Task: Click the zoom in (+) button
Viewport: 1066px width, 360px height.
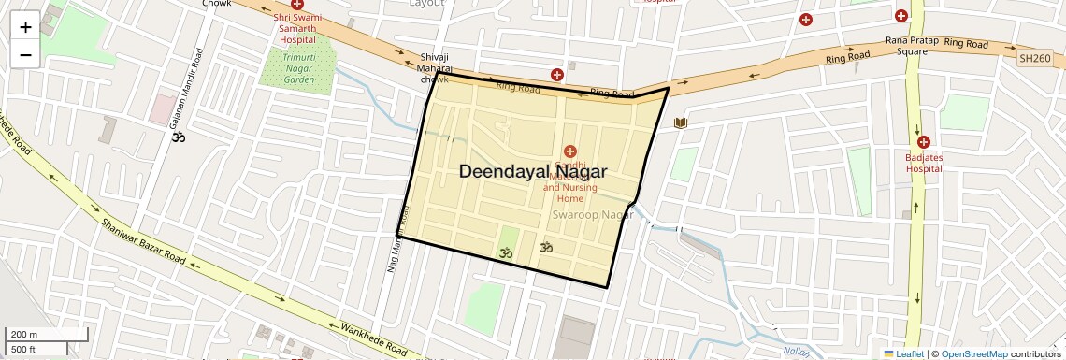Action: pos(25,26)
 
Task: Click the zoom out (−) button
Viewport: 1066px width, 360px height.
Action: pos(25,54)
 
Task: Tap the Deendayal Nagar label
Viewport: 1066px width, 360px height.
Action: pos(532,172)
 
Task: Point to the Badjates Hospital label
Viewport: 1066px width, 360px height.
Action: pos(923,164)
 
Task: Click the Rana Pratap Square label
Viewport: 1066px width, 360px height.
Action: pos(906,46)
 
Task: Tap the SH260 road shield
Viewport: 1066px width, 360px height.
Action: pos(1034,58)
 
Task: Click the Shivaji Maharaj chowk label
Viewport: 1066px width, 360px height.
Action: pos(436,67)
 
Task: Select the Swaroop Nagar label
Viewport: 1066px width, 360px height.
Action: pos(592,215)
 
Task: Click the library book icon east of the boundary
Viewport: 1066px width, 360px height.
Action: pos(680,122)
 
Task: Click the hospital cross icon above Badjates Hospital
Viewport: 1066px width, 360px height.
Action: pos(923,142)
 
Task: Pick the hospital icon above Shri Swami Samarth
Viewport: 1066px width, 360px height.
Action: pos(297,5)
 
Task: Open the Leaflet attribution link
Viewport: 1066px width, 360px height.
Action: pos(903,353)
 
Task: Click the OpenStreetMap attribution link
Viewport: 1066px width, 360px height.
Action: pos(973,353)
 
